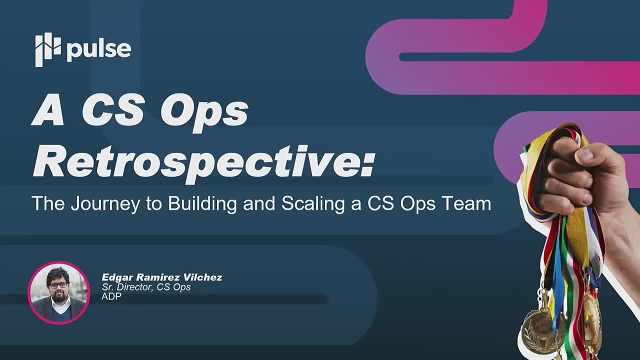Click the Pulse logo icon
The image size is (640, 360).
pyautogui.click(x=47, y=49)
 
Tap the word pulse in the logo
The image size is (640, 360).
pyautogui.click(x=98, y=49)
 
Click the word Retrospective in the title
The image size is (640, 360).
pyautogui.click(x=195, y=160)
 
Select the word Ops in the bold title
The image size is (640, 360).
pyautogui.click(x=203, y=112)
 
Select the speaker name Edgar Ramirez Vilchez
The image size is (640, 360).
pyautogui.click(x=161, y=277)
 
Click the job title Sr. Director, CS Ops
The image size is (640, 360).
pyautogui.click(x=146, y=287)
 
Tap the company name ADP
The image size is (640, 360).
pyautogui.click(x=111, y=296)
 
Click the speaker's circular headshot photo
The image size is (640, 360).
pyautogui.click(x=58, y=292)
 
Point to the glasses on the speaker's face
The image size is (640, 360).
pyautogui.click(x=58, y=285)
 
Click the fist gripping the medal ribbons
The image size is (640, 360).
pyautogui.click(x=570, y=175)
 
